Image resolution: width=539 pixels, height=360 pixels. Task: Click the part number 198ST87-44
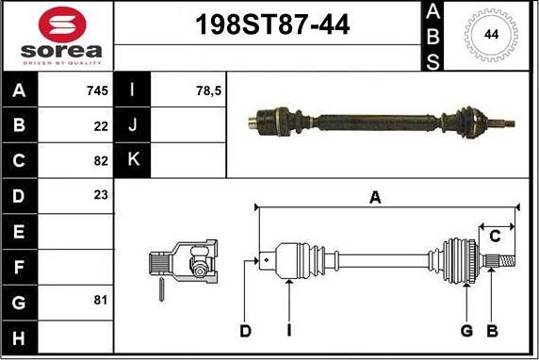click(272, 25)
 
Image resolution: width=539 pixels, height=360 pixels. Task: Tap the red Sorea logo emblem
click(62, 25)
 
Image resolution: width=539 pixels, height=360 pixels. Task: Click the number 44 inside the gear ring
click(491, 34)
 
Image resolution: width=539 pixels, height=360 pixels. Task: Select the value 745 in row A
click(98, 90)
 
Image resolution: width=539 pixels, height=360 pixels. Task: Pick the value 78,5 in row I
click(208, 90)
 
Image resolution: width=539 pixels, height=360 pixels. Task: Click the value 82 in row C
click(101, 160)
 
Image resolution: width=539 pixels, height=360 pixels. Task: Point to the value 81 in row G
click(101, 300)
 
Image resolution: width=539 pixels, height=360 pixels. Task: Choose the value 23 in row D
click(101, 195)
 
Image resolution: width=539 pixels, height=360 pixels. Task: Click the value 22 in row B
click(101, 126)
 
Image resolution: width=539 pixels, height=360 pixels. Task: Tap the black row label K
click(132, 160)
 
